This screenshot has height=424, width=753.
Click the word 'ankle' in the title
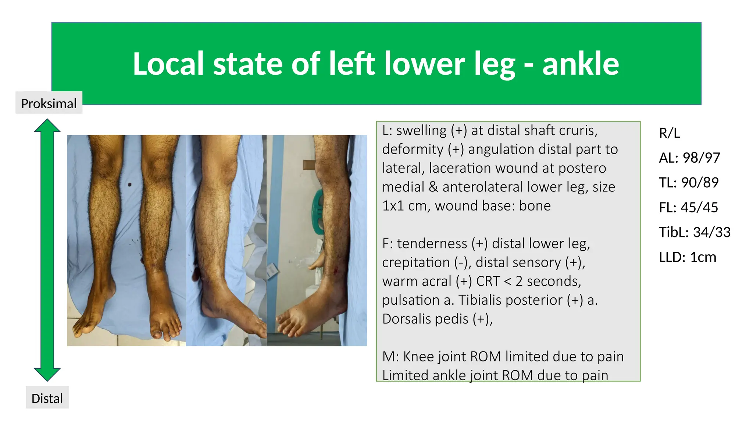pos(581,64)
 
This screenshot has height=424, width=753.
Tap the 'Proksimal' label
pos(49,103)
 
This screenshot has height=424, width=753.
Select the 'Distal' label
pos(47,398)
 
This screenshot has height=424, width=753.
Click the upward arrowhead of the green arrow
pos(47,126)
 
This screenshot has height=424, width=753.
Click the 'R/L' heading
pos(669,133)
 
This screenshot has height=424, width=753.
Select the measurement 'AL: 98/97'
pos(689,158)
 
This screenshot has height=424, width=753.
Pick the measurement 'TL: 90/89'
pos(689,183)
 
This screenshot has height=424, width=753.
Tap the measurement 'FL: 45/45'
pos(688,208)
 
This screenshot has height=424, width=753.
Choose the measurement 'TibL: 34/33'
pos(695,232)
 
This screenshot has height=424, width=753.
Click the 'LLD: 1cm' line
pos(688,257)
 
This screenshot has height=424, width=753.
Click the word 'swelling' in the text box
pos(421,131)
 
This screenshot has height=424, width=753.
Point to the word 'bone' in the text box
pos(535,206)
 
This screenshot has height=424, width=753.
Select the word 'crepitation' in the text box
pos(416,262)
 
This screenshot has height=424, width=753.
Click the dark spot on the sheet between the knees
pos(130,185)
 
